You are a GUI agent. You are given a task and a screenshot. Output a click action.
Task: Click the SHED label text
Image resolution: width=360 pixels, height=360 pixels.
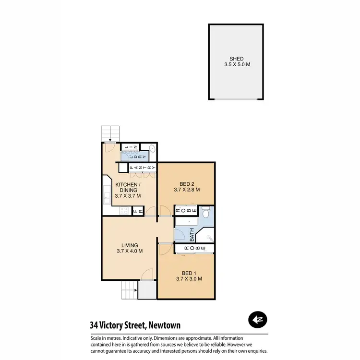[x=236, y=59]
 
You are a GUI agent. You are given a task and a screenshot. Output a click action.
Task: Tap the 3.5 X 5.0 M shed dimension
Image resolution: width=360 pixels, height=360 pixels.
[x=236, y=64]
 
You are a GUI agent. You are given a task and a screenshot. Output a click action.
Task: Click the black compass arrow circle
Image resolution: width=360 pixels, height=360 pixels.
[x=258, y=319]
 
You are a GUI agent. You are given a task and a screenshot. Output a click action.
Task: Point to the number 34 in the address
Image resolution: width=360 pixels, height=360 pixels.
[x=95, y=325]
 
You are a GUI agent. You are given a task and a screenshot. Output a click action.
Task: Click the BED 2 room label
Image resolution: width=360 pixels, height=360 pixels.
[x=187, y=184]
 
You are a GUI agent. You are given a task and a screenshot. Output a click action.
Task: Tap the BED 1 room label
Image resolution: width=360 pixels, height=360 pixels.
[x=189, y=273]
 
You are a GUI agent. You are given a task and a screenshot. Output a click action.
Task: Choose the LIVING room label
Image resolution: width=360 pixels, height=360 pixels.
[x=130, y=245]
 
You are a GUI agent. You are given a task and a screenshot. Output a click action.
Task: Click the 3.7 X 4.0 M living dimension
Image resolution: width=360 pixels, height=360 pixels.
[x=130, y=251]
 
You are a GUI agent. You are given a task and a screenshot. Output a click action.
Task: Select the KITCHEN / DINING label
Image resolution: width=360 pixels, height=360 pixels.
[x=128, y=187]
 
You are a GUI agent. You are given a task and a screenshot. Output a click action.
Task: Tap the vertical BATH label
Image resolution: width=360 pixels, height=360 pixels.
[x=192, y=235]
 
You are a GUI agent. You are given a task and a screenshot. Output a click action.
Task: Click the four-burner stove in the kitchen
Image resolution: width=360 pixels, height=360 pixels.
[x=124, y=211]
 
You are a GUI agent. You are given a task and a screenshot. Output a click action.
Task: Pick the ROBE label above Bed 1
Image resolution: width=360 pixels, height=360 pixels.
[x=191, y=248]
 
